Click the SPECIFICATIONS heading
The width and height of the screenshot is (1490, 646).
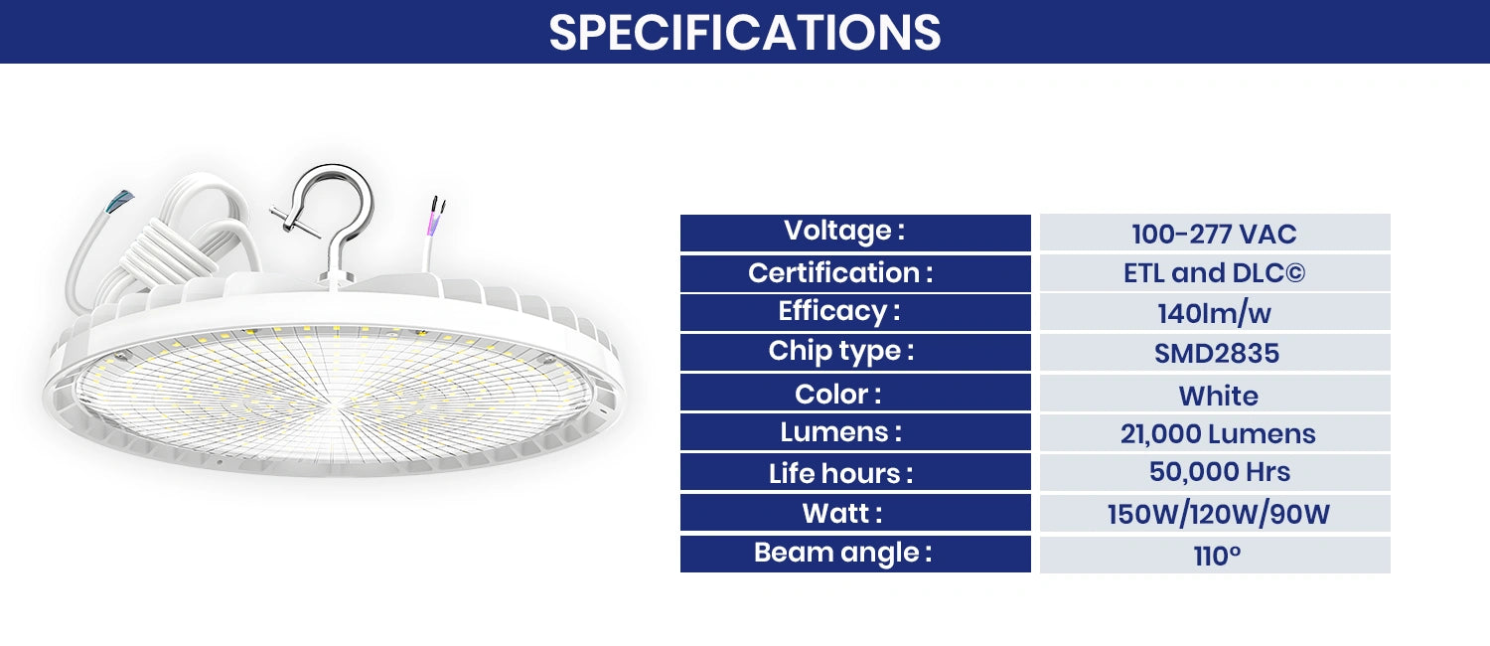pos(744,32)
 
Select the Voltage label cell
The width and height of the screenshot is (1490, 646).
pos(855,233)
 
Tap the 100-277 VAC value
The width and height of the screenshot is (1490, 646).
pos(1214,234)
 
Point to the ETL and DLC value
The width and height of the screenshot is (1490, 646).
pos(1214,273)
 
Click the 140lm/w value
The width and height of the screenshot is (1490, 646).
pos(1214,314)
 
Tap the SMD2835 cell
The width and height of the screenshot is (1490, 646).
pos(1214,354)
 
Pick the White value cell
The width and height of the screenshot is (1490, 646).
pos(1214,395)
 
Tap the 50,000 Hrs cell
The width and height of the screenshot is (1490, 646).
pos(1214,473)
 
